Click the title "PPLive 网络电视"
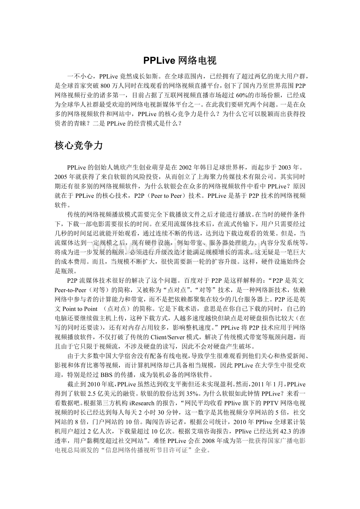[180, 60]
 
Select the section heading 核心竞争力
[79, 146]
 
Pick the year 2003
[292, 168]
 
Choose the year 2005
[62, 177]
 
